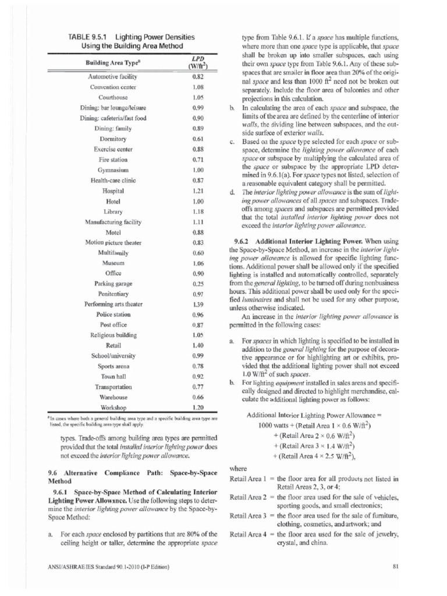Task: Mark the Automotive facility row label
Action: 112,76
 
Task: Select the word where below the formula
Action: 239,467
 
